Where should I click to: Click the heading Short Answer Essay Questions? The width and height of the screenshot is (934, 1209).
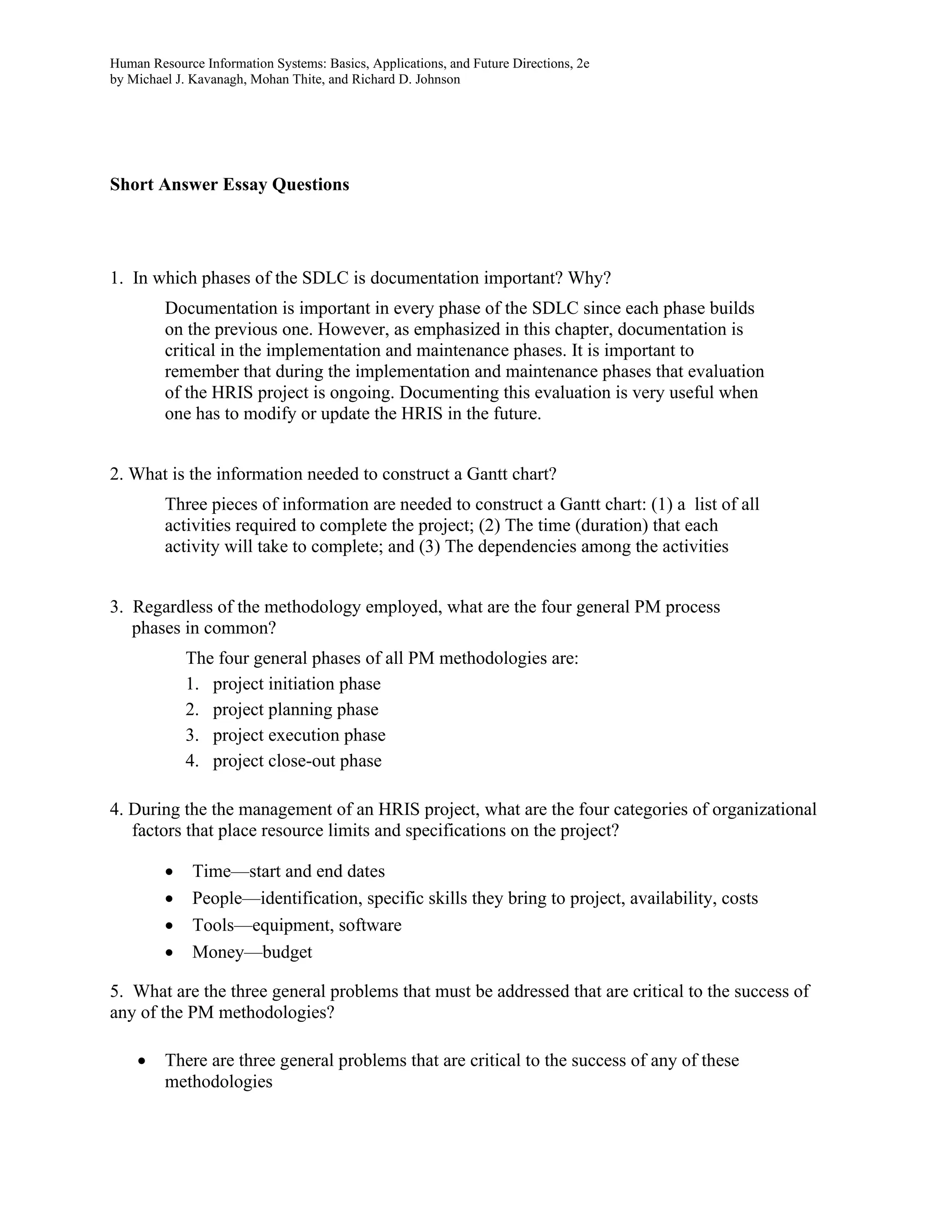coord(229,184)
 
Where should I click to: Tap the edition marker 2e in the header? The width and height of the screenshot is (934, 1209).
coord(583,64)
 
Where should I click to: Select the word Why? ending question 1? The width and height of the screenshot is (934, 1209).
coord(590,277)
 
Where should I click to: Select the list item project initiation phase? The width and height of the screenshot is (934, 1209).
coord(296,684)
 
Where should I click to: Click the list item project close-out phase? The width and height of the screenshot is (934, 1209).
coord(297,761)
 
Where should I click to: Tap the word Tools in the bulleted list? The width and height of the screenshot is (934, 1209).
coord(213,925)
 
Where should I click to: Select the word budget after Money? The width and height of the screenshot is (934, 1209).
coord(287,952)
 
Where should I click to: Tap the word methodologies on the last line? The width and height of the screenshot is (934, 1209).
coord(218,1081)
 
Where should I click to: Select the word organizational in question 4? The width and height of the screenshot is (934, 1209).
coord(763,809)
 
